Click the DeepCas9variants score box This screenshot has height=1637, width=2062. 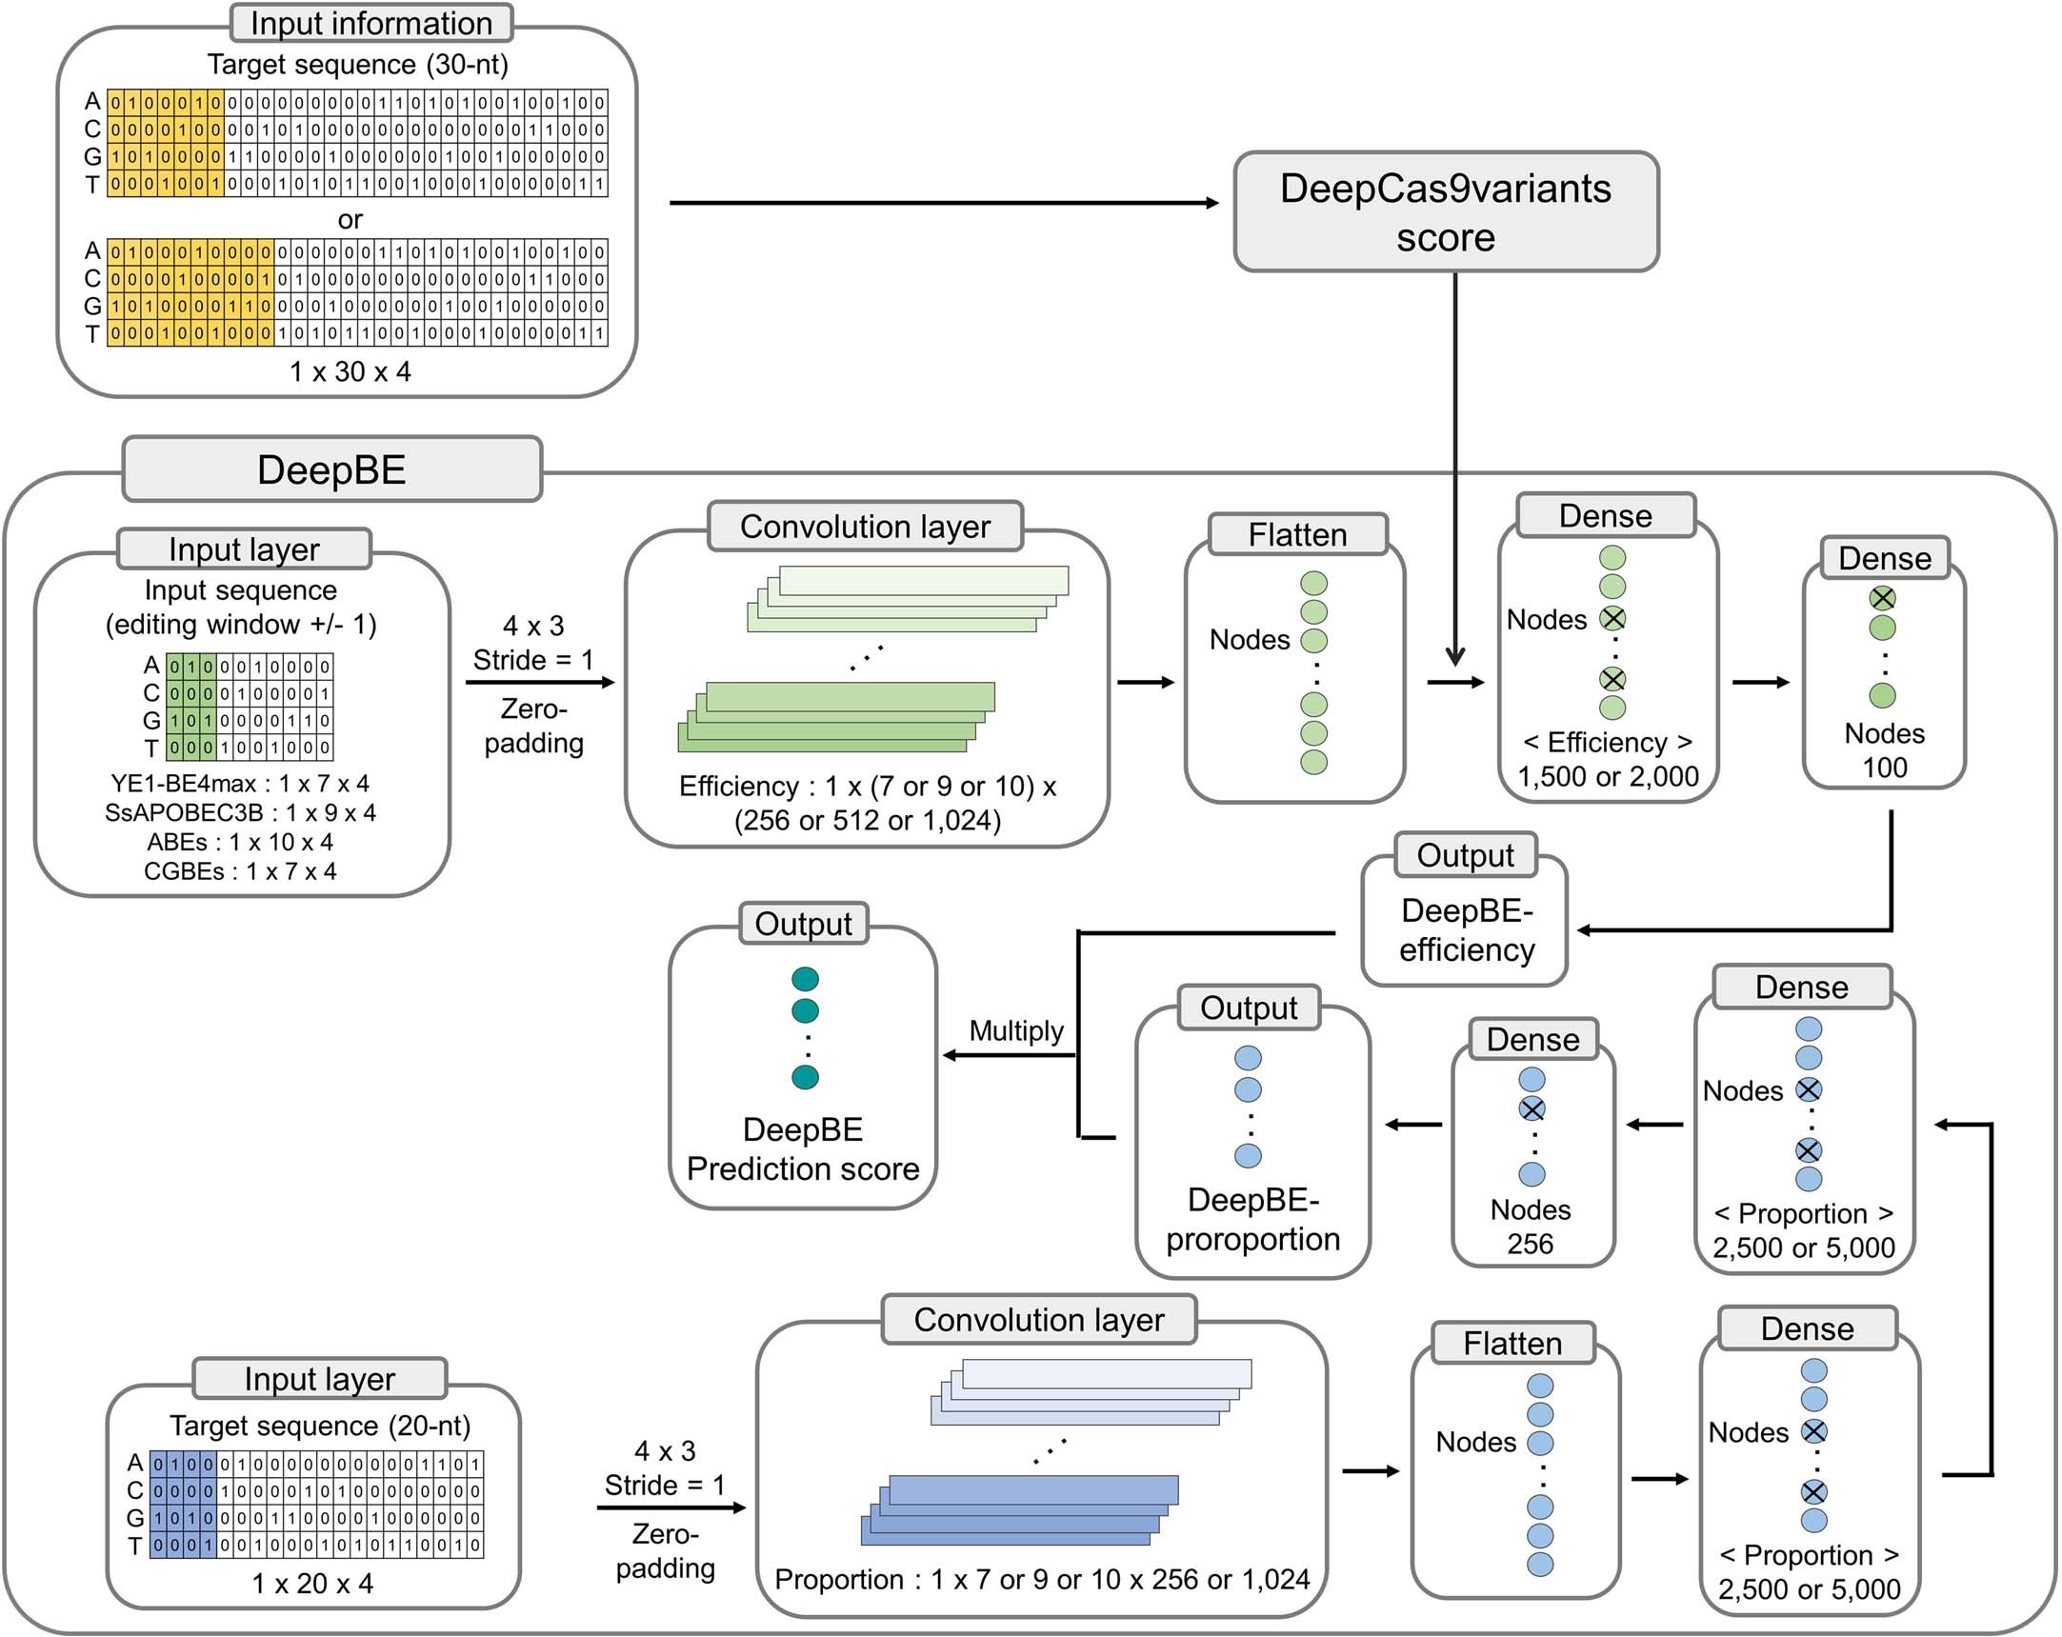(x=1445, y=212)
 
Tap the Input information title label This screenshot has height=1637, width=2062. (x=371, y=23)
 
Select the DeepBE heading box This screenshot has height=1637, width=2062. (x=331, y=469)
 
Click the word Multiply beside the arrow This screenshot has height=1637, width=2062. (x=1015, y=1030)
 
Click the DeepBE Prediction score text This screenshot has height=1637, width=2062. (x=803, y=1149)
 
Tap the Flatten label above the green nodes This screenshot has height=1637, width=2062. (x=1297, y=534)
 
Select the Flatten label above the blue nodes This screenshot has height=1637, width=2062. (x=1512, y=1344)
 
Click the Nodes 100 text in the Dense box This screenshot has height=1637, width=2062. (x=1884, y=750)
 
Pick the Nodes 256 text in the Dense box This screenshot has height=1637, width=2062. (x=1531, y=1227)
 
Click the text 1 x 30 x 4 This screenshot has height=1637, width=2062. (x=350, y=372)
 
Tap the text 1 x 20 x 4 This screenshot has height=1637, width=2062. (x=311, y=1584)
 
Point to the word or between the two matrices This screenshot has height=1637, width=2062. (x=350, y=220)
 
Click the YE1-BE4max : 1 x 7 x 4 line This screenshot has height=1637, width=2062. (x=239, y=784)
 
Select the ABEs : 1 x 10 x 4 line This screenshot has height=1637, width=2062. (x=239, y=843)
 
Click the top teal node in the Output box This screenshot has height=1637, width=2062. (x=806, y=979)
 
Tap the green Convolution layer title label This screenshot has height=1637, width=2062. (x=865, y=527)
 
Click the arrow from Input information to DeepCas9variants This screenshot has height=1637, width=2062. (x=942, y=203)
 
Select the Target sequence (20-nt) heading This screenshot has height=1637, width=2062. (x=319, y=1426)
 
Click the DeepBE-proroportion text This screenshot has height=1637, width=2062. (x=1251, y=1220)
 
